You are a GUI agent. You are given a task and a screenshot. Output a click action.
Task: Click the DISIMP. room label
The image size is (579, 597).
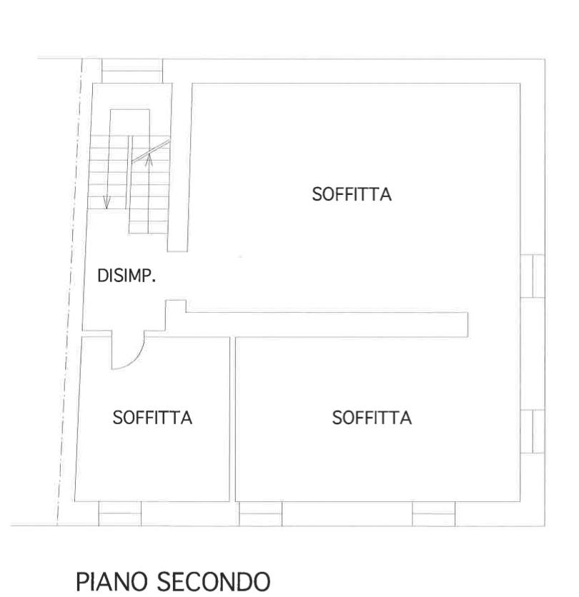pos(127,276)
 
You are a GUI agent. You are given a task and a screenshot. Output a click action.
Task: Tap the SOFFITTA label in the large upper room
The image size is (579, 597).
pos(352,194)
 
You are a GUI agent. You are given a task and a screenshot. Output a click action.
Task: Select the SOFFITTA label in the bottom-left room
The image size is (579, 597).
pos(152,418)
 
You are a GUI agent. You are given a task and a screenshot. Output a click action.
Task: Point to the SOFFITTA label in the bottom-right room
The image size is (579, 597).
pos(372,418)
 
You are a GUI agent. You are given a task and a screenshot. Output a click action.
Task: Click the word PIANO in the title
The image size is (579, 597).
pos(112,581)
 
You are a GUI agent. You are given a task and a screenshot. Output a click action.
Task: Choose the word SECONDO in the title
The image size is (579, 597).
pos(214,581)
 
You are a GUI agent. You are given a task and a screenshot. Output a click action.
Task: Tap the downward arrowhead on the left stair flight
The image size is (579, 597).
pos(107,203)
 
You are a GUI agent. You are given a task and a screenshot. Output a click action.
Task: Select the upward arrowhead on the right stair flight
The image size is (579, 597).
pos(149,160)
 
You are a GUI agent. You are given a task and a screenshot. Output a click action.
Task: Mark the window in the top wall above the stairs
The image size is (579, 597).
pos(132,71)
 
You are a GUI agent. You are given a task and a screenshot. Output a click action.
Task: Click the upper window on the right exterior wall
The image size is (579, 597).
pos(533,276)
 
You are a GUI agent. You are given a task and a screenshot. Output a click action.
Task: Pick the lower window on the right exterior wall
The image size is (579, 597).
pos(533,431)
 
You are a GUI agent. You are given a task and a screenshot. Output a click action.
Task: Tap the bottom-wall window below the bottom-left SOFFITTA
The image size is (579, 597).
pos(119,513)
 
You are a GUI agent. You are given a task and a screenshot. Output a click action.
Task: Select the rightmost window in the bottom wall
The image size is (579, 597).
pos(433,513)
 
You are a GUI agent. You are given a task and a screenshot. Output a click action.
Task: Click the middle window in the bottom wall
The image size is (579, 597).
pos(260,513)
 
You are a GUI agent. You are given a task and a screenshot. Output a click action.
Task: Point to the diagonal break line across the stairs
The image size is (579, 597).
pos(151,151)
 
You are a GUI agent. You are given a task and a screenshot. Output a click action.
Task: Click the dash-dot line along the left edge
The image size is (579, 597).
pos(70,292)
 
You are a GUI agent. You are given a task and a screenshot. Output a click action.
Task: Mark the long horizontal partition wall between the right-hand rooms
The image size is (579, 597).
pos(327,325)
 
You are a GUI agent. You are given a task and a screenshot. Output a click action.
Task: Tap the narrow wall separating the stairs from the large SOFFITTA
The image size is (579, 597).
pos(179,167)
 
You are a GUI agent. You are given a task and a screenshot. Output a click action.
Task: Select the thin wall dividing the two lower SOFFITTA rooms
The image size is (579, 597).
pos(232,419)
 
